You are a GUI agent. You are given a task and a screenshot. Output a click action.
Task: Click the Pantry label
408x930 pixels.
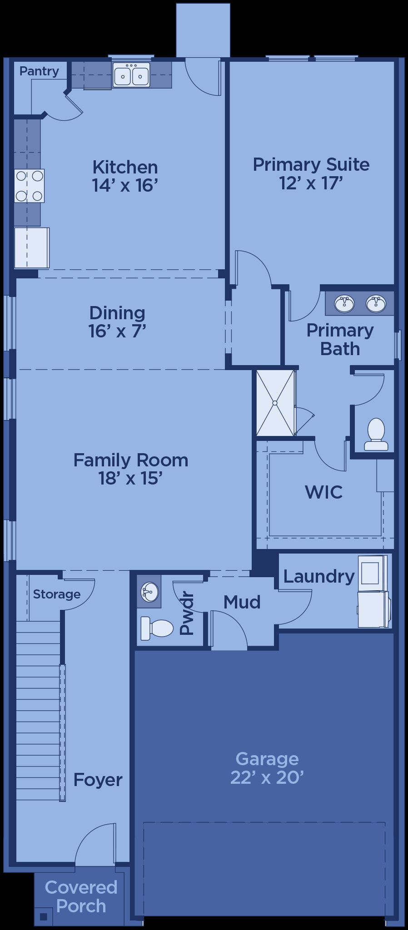pyautogui.click(x=39, y=71)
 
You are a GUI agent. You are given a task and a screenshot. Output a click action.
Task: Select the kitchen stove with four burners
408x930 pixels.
pyautogui.click(x=30, y=186)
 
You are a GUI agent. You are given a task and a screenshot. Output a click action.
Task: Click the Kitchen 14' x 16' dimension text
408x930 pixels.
pyautogui.click(x=125, y=185)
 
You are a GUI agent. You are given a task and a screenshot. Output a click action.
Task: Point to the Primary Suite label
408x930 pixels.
pyautogui.click(x=311, y=164)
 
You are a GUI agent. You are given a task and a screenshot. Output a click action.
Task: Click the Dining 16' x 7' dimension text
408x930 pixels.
pyautogui.click(x=117, y=331)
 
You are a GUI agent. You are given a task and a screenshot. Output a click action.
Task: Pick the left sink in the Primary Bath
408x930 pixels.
pyautogui.click(x=344, y=303)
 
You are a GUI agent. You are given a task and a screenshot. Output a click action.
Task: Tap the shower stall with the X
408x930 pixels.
pyautogui.click(x=275, y=403)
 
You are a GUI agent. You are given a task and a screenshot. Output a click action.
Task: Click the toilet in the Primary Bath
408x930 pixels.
pyautogui.click(x=376, y=435)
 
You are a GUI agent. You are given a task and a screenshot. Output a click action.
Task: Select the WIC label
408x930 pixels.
pyautogui.click(x=324, y=492)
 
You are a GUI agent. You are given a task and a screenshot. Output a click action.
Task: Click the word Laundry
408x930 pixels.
pyautogui.click(x=319, y=576)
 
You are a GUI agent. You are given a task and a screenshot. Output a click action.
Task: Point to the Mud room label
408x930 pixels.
pyautogui.click(x=242, y=602)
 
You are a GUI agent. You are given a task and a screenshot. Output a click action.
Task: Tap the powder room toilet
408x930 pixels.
pyautogui.click(x=157, y=628)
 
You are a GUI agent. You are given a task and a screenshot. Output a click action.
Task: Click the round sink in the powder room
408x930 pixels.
pyautogui.click(x=149, y=591)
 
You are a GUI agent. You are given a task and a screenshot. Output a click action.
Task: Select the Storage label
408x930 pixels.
pyautogui.click(x=57, y=594)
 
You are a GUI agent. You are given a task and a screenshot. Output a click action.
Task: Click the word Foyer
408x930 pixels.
pyautogui.click(x=98, y=780)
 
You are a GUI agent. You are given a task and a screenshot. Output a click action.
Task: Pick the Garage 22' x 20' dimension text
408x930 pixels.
pyautogui.click(x=267, y=778)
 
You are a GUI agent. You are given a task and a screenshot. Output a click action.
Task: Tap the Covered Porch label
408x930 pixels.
pyautogui.click(x=81, y=896)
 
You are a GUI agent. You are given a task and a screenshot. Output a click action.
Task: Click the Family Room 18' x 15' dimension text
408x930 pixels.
pyautogui.click(x=131, y=478)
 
